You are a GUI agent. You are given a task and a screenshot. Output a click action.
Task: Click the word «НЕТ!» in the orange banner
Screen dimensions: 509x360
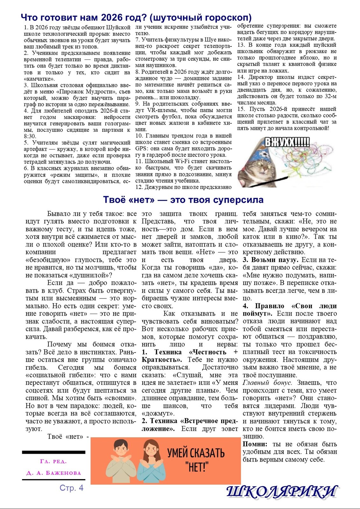[x=196, y=467]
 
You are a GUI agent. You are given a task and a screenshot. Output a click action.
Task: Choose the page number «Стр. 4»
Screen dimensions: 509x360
[x=71, y=488]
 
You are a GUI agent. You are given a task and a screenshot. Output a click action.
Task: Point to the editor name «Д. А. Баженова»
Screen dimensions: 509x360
[x=53, y=473]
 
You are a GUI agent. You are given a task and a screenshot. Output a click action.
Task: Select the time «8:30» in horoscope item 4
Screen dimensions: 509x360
[x=30, y=136]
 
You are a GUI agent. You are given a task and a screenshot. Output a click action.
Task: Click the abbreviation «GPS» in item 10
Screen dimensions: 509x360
[x=141, y=149]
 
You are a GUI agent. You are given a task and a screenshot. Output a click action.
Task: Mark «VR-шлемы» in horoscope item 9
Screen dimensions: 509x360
[x=163, y=110]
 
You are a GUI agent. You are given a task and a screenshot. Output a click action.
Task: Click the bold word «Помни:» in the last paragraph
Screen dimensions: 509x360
[x=255, y=444]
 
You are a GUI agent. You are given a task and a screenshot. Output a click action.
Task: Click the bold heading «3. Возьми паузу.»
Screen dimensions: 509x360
[x=270, y=260]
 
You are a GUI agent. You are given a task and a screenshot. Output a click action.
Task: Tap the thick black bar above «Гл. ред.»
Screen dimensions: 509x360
[x=53, y=452]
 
